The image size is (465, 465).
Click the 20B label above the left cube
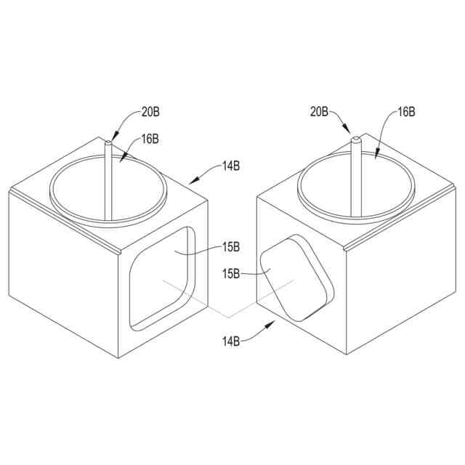click(x=150, y=113)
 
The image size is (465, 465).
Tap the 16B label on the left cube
click(x=150, y=139)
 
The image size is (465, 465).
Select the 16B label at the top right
click(x=406, y=112)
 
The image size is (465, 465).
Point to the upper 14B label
click(x=231, y=166)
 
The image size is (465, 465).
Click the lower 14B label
click(x=231, y=341)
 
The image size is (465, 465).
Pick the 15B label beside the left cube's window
click(x=231, y=247)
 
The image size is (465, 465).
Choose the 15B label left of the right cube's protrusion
click(x=231, y=274)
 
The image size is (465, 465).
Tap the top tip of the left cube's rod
click(x=108, y=142)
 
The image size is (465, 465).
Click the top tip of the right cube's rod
click(x=355, y=138)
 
